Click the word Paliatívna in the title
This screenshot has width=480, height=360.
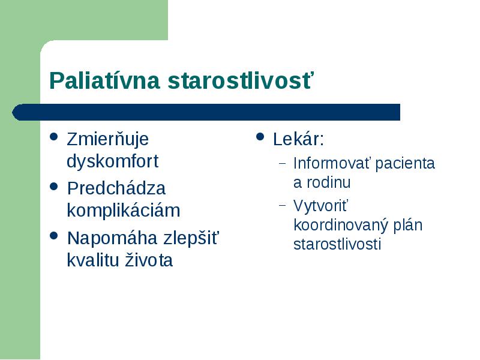104,80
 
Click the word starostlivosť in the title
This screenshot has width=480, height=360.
241,80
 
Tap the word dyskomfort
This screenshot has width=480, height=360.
113,161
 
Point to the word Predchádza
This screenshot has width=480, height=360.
116,188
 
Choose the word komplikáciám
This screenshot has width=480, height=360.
124,211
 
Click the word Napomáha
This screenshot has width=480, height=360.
113,238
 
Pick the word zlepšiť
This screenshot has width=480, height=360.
191,238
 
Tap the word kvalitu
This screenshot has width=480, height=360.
93,260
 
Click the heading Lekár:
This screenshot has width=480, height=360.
298,139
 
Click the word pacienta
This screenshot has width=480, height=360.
405,164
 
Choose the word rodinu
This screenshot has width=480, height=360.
328,182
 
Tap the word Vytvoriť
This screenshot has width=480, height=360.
321,206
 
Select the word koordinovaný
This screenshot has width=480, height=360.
340,226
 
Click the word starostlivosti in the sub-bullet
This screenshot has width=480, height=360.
337,244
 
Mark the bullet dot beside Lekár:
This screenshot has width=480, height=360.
260,137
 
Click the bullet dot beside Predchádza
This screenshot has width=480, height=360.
53,187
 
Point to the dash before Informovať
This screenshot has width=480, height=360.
283,163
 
